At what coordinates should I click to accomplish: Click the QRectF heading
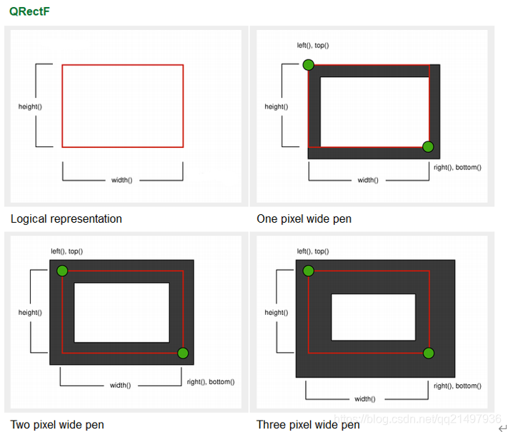tap(29, 12)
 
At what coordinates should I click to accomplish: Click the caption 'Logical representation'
tap(66, 218)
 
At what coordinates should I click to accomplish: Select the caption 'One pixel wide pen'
tap(304, 218)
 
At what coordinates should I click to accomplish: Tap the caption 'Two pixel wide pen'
tap(57, 425)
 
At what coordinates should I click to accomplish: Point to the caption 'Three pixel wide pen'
tap(309, 425)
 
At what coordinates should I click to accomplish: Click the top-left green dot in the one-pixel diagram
tap(308, 65)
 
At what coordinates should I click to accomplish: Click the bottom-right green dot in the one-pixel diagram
tap(428, 147)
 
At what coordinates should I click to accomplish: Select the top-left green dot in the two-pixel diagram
tap(62, 271)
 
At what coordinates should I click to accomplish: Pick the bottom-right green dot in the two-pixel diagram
tap(182, 353)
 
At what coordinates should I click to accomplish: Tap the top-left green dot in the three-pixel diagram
tap(308, 271)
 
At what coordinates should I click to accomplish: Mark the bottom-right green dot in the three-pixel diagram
tap(428, 353)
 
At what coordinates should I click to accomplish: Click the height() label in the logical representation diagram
tap(30, 106)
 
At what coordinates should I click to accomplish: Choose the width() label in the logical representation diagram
tap(121, 180)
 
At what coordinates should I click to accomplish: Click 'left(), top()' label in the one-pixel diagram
tap(313, 45)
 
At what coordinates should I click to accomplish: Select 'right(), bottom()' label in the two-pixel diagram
tap(211, 382)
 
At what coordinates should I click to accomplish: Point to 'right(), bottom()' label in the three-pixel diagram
tap(457, 386)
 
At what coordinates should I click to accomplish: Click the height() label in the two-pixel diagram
tap(30, 312)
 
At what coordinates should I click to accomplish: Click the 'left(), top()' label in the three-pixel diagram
tap(313, 251)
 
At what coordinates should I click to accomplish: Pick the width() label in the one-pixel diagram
tap(367, 180)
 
